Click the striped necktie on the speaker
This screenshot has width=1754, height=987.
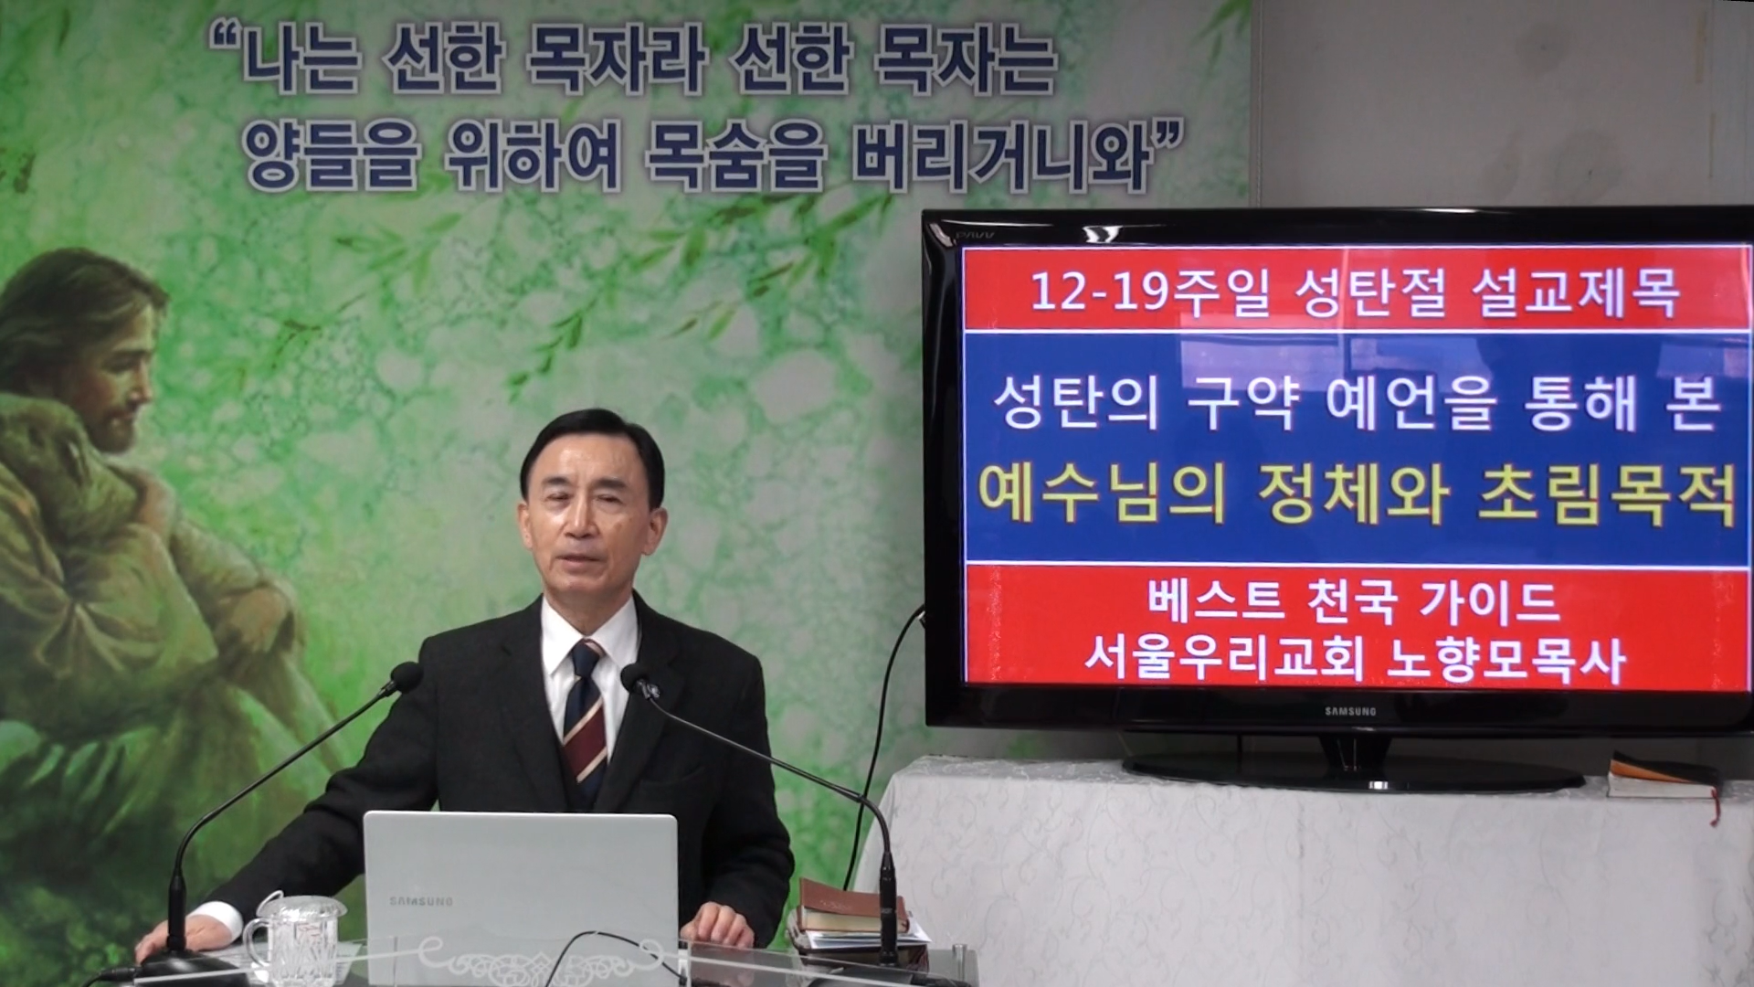click(585, 713)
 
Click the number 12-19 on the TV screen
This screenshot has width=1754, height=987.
click(1091, 292)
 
